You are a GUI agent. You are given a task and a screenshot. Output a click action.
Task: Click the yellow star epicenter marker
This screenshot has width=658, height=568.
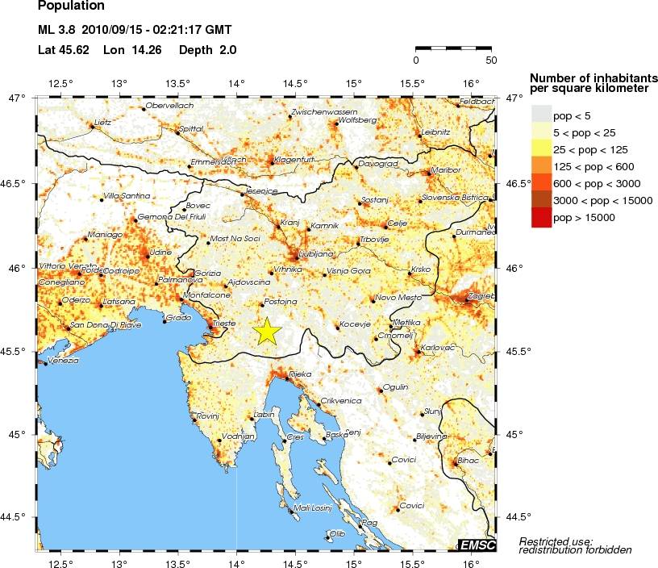(265, 332)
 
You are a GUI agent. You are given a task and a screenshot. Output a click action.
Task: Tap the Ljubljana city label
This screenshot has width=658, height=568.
(315, 254)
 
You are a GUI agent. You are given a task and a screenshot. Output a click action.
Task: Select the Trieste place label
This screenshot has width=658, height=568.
(223, 324)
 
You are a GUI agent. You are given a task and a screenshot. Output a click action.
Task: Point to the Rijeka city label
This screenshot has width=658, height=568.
(300, 374)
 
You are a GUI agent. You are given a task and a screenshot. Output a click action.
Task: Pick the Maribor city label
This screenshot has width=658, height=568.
(446, 170)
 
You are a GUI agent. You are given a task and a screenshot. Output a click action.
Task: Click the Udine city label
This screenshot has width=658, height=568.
(161, 253)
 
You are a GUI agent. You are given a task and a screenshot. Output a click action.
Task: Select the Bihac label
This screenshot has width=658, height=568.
(468, 460)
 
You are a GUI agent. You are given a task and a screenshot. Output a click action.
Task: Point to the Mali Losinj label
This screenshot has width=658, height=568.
(312, 507)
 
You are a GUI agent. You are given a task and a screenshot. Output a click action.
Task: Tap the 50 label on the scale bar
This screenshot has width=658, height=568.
(490, 60)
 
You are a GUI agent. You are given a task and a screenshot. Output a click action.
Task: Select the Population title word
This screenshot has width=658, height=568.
(71, 6)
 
